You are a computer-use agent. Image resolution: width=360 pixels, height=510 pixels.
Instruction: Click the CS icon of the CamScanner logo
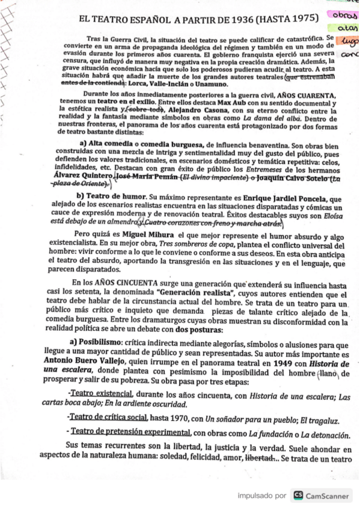299,496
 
